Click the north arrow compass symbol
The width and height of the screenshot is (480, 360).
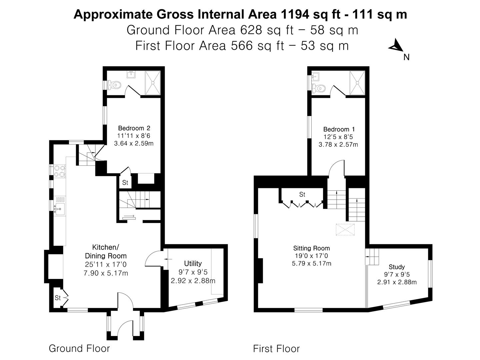pos(396,46)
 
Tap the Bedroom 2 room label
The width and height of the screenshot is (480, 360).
pos(134,128)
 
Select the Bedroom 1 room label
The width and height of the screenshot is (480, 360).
pos(339,129)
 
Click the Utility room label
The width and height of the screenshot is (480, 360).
pos(193,263)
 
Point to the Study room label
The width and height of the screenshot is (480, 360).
pos(397,267)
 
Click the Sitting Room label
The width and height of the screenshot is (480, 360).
pos(311,248)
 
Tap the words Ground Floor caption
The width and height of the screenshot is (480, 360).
pos(79,348)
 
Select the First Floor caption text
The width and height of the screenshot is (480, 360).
pos(276,349)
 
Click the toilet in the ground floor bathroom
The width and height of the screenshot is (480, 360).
pos(115,85)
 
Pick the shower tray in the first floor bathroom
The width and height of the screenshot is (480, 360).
pos(357,82)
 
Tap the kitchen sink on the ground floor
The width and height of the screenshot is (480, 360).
pos(60,209)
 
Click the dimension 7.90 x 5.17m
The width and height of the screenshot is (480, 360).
pos(106,273)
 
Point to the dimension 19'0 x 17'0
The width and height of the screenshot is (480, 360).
pos(311,256)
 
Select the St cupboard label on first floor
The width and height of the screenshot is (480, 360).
pos(302,194)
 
